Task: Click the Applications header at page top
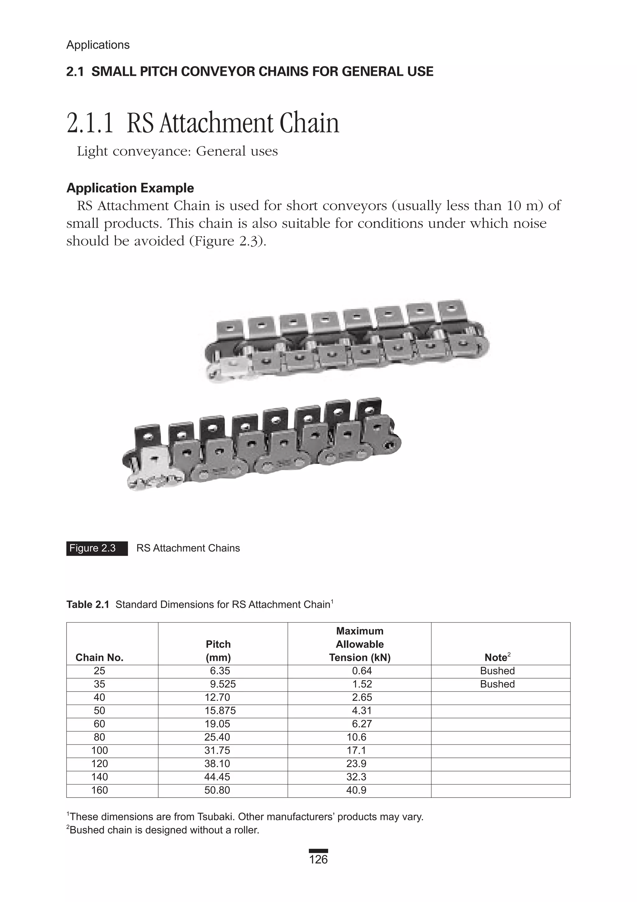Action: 98,45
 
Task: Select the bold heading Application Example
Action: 130,188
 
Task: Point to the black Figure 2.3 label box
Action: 97,548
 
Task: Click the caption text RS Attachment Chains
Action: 188,548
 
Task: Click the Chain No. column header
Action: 100,657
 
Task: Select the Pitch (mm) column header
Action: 218,651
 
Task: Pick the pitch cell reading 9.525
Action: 223,684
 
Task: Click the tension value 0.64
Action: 362,671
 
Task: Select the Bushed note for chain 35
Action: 497,684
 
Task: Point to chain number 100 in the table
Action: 100,750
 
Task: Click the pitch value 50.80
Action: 217,790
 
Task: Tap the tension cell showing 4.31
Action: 362,710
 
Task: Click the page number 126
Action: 318,860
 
